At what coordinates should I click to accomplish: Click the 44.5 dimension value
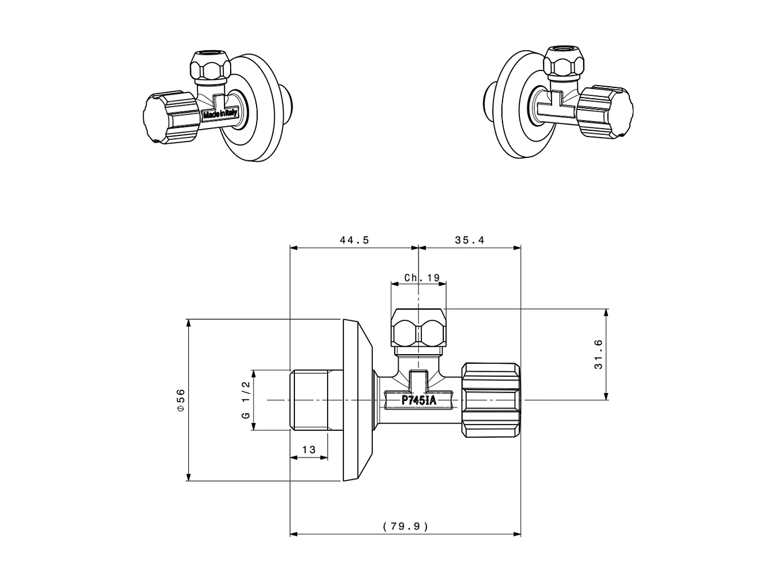click(354, 240)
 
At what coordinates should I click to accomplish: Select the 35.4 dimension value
click(469, 240)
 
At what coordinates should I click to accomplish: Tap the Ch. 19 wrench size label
click(421, 278)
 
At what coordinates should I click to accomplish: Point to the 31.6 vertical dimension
click(598, 354)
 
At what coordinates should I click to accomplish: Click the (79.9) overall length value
click(405, 526)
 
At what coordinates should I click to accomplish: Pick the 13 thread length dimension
click(308, 449)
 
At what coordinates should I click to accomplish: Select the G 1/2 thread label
click(245, 399)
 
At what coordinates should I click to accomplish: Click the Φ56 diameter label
click(180, 400)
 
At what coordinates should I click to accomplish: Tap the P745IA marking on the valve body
click(418, 400)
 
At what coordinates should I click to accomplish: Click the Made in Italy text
click(221, 114)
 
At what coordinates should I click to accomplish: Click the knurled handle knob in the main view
click(491, 400)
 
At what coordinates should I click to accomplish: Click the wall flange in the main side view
click(356, 400)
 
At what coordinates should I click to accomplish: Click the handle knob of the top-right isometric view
click(607, 112)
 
